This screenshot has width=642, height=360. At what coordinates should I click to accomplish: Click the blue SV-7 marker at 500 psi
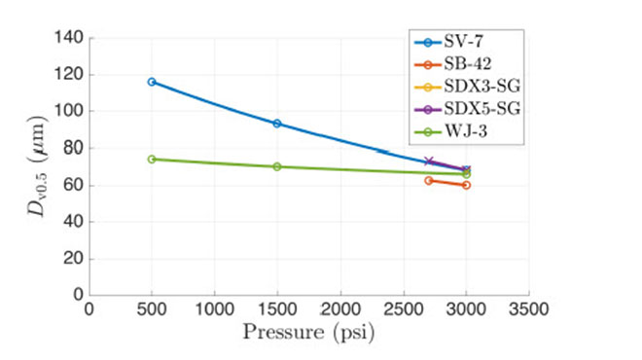[x=152, y=82]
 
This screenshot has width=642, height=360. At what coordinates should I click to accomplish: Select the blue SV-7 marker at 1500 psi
[x=277, y=124]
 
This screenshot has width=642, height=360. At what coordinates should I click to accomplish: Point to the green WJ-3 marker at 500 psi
[x=152, y=159]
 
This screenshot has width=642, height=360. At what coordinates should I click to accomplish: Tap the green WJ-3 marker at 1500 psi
[x=277, y=166]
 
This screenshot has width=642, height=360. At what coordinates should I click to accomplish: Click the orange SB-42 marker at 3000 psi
[x=466, y=185]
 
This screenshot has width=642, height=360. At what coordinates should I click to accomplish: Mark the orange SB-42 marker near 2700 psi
[x=428, y=181]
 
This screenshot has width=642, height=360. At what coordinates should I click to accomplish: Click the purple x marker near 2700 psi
[x=428, y=162]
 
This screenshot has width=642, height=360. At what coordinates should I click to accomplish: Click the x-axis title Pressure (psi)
[x=308, y=333]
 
